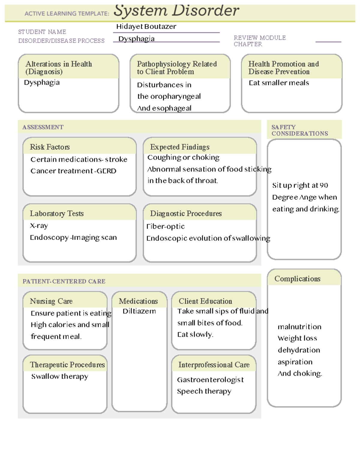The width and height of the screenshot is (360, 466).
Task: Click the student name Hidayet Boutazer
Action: coord(146,27)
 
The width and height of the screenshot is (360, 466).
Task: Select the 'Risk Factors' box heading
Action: coord(50,147)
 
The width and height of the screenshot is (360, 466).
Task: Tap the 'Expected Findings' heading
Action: coord(180,147)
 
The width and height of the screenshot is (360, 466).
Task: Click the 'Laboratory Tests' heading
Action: coord(57,214)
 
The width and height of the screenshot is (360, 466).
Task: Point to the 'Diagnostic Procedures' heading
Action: coord(186,214)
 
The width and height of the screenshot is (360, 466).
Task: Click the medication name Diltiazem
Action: coord(139,311)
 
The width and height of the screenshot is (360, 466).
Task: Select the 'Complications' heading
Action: coord(297,279)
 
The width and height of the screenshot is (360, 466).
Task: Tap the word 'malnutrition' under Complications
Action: coord(299,327)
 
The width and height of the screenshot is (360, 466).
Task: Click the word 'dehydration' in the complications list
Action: coord(299,350)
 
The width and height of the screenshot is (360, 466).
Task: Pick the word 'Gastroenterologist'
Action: coord(210,380)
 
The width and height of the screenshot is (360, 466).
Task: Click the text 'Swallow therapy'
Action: coord(60,377)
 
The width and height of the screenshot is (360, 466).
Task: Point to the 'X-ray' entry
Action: coord(39,226)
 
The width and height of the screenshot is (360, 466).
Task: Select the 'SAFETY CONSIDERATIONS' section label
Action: coord(299,130)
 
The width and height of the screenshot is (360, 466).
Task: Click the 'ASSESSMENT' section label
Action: coord(43,127)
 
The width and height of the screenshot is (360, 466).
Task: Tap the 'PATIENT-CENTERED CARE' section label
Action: coord(64,281)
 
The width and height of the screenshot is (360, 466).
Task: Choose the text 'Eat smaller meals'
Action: coord(279,83)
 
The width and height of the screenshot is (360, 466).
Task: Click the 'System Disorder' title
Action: coord(176,11)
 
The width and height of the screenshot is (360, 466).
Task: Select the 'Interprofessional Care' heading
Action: coord(214,365)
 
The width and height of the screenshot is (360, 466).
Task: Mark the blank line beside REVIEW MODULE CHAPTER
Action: coord(328,41)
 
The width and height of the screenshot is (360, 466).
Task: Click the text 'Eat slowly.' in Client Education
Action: coord(195,335)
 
